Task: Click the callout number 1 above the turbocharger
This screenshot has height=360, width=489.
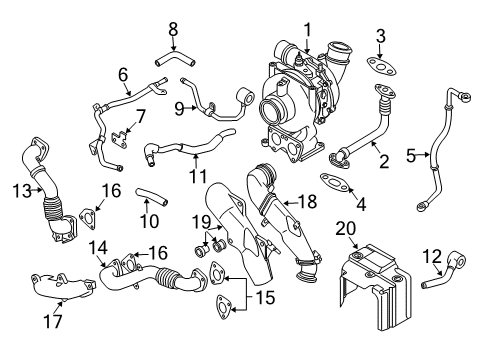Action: [308, 29]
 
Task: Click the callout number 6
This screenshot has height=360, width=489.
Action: [124, 74]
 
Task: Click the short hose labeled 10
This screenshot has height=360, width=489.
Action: [152, 196]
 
